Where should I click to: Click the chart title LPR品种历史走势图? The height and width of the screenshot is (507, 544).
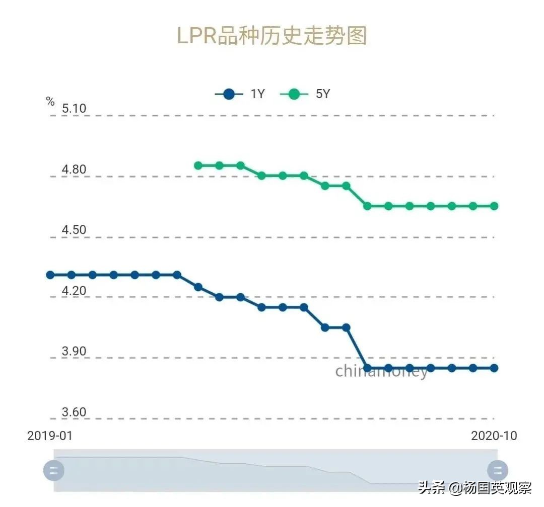tap(272, 36)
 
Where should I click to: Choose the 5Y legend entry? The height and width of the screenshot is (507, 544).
tap(306, 94)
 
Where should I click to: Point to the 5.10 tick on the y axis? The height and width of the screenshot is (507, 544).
tap(74, 109)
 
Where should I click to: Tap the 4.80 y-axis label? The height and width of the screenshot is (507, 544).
tap(74, 170)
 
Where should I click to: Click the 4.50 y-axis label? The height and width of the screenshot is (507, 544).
tap(74, 230)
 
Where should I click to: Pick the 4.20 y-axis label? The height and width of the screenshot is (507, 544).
tap(74, 291)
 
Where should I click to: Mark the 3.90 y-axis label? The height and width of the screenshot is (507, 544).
tap(74, 352)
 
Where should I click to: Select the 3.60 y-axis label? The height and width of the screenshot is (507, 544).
tap(74, 412)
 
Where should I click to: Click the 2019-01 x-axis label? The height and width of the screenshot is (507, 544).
tap(50, 436)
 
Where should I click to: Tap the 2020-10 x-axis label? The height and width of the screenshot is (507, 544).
tap(494, 436)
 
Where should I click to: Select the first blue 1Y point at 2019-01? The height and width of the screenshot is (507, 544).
tap(50, 275)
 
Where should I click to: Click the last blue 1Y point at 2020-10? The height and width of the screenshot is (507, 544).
tap(494, 368)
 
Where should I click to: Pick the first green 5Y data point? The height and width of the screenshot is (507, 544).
tap(198, 165)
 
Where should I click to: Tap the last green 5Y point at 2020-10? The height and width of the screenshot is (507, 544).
tap(494, 206)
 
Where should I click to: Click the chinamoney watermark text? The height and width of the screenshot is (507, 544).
tap(381, 371)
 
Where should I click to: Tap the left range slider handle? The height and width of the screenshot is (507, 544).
tap(54, 471)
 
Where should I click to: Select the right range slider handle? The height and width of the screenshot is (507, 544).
tap(498, 471)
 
